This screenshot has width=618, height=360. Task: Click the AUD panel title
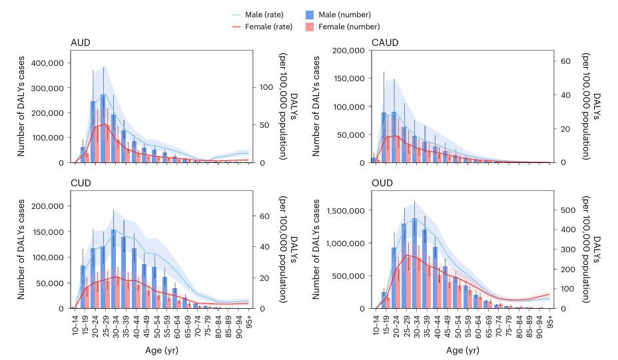(x=81, y=43)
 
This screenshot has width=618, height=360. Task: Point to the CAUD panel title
(x=385, y=43)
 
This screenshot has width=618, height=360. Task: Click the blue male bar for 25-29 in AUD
(x=103, y=130)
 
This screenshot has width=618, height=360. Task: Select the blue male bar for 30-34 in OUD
(x=414, y=263)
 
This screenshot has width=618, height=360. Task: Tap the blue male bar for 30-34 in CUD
(x=113, y=270)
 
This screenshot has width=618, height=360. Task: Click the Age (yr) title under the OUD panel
(x=462, y=350)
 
